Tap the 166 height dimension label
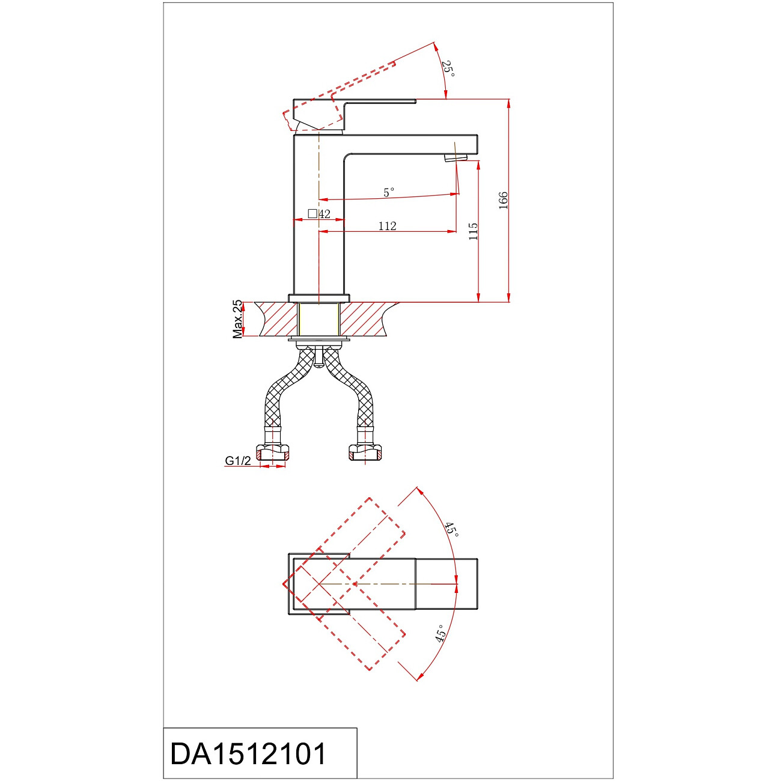502,200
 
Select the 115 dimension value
473,231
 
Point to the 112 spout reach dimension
387,226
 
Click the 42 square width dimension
319,214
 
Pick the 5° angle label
388,192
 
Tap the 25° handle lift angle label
448,68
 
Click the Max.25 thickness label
237,319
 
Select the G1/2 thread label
238,460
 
